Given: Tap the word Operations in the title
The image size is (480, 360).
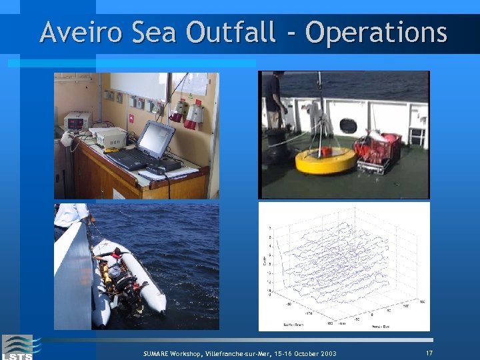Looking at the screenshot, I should click(x=376, y=32).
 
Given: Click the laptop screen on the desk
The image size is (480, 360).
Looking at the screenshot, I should click(x=156, y=139).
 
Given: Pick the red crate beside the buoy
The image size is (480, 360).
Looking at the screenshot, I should click(x=378, y=151).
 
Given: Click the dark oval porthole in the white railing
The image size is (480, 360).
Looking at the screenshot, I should click(x=348, y=125).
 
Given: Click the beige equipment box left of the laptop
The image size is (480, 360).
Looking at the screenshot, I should click(x=108, y=137).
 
